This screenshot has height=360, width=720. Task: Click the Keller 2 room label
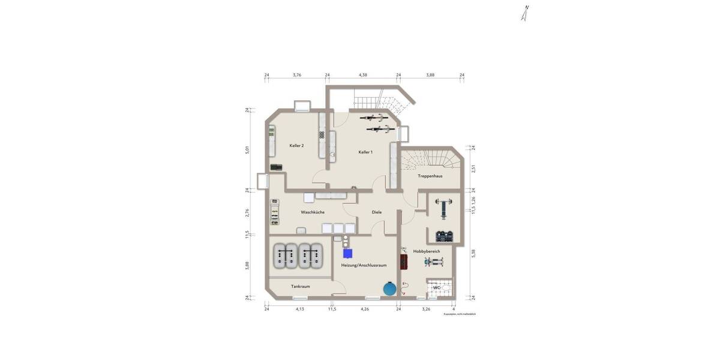296,146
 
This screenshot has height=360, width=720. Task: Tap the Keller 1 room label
365,152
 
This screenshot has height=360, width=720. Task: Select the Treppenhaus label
430,176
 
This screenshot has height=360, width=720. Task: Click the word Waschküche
313,212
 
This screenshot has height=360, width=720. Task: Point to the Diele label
377,212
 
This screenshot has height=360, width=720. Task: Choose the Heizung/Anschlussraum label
364,265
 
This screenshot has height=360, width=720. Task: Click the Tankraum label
300,287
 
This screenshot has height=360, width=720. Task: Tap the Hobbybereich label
427,251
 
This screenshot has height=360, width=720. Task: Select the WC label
437,289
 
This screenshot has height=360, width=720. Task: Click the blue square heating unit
348,254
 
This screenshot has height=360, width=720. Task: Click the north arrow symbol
525,13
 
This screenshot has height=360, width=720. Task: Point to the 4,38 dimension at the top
363,75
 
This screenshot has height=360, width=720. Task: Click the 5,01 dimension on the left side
247,150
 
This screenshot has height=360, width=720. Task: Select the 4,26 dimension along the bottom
364,310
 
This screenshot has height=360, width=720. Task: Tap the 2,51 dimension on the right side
473,169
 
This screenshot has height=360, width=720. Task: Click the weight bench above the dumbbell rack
444,206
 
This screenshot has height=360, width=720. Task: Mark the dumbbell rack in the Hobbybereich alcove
445,236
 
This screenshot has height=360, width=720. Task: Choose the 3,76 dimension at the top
297,75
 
